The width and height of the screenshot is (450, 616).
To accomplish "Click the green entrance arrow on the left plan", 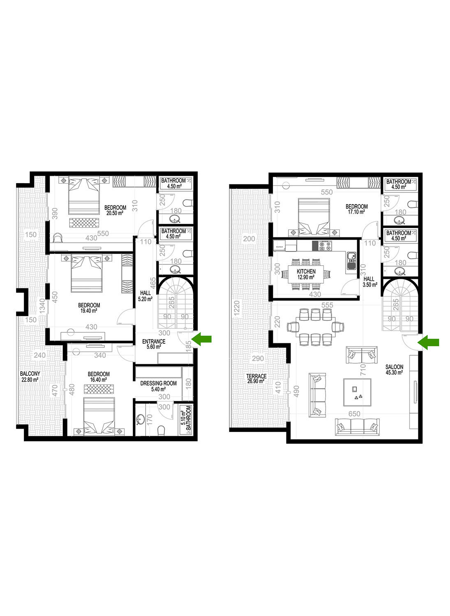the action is [x=201, y=339].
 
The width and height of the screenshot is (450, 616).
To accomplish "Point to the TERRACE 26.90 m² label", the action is [x=256, y=379].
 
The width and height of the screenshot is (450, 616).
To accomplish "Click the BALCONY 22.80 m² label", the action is [x=30, y=377].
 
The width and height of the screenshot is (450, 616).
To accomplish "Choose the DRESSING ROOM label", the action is [x=159, y=383].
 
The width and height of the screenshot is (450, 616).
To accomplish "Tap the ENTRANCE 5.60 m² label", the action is [x=154, y=344].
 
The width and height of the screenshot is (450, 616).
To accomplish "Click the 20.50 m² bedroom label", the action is [x=115, y=210].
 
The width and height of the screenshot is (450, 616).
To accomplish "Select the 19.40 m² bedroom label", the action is [x=89, y=308].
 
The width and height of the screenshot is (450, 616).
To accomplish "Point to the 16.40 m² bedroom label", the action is [x=99, y=377].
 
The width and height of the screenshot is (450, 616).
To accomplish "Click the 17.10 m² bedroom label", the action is [x=357, y=209].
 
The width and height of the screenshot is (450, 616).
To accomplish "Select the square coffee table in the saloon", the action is [x=357, y=392].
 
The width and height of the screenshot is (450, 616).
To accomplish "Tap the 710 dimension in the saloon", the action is [x=363, y=370].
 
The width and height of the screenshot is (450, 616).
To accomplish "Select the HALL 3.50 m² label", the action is [x=369, y=282].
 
